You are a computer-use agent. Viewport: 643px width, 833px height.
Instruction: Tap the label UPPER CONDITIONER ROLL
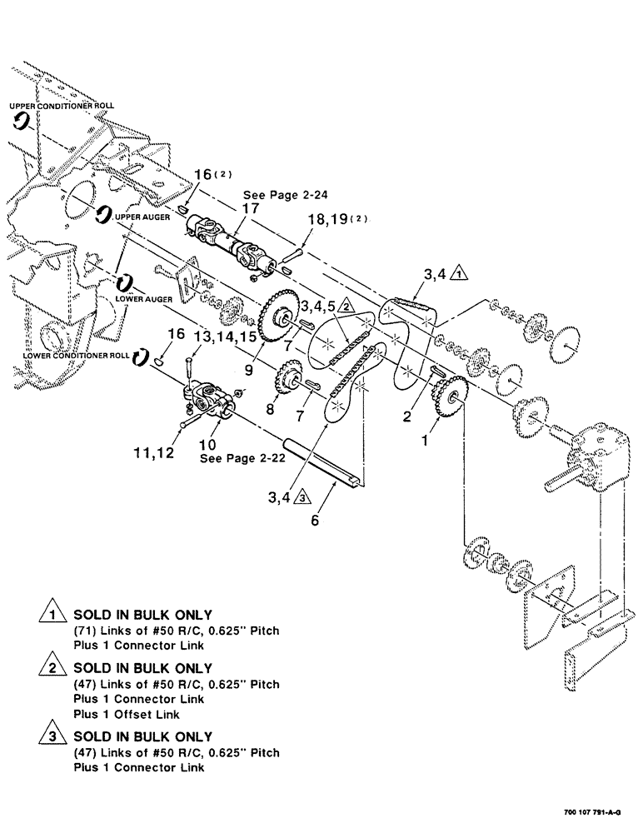tap(62, 107)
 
